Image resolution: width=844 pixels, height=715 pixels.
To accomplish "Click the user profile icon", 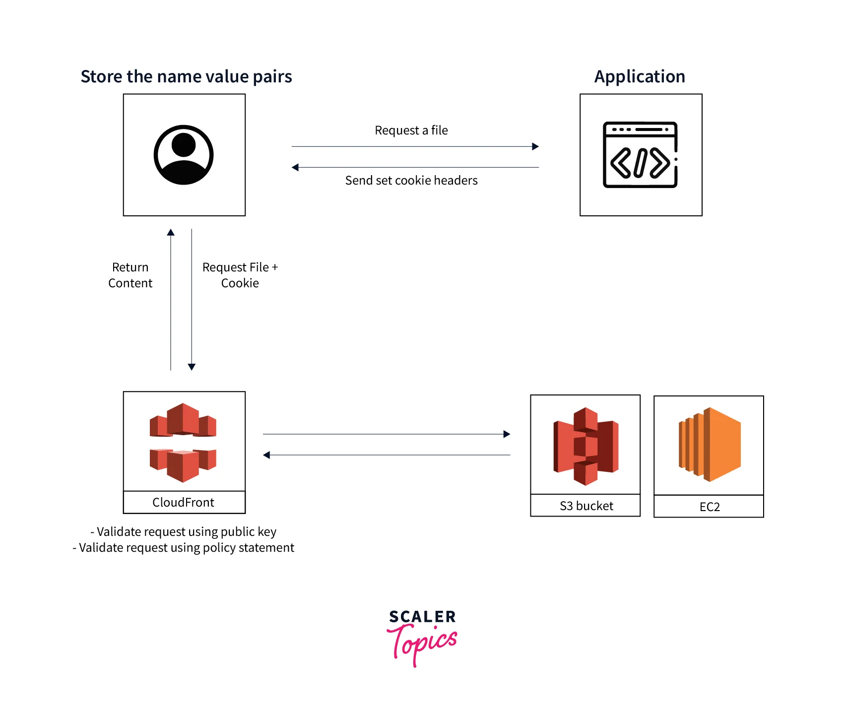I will [184, 155].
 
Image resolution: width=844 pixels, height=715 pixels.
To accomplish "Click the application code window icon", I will [640, 155].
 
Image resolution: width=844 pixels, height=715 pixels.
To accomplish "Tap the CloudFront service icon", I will [183, 442].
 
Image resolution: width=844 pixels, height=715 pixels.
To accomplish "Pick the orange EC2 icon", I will [710, 445].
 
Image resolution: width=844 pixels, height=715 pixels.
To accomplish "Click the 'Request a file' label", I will [411, 130].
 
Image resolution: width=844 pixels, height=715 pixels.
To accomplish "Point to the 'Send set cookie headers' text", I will [411, 181].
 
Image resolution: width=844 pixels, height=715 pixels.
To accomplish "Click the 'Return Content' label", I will [130, 275].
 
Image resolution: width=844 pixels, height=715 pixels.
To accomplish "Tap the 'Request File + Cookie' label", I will [240, 275].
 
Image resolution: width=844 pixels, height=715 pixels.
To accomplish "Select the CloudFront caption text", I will [183, 503].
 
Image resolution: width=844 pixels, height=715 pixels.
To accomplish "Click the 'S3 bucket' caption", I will [586, 506].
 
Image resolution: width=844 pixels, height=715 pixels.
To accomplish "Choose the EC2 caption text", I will [710, 507].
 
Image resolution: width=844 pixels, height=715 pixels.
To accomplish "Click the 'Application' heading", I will [640, 77].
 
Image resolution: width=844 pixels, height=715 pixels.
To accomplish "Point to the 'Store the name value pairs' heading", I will [186, 77].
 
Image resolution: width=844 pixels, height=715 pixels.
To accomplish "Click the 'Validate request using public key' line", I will [184, 532].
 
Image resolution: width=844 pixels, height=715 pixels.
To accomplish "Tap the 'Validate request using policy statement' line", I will [184, 548].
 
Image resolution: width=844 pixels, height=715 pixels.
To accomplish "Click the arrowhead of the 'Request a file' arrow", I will [535, 146].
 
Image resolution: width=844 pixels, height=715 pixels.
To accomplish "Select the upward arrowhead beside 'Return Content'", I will [171, 232].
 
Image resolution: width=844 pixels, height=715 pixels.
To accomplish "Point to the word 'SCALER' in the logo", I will [422, 617].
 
